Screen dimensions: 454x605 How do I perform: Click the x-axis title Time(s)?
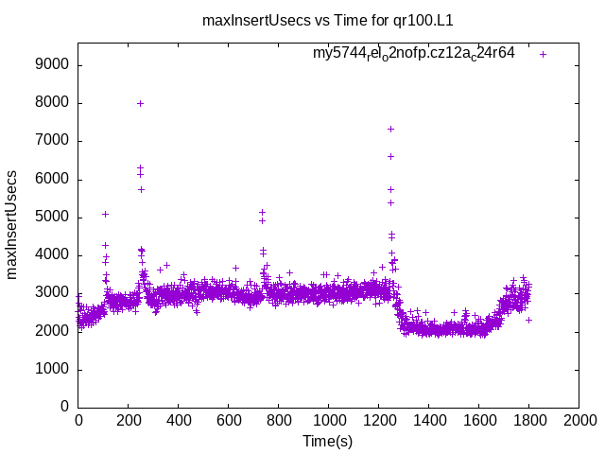[x=328, y=441]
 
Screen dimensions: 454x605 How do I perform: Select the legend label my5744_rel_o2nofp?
[x=414, y=54]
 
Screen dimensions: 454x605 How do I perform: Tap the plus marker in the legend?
[x=544, y=54]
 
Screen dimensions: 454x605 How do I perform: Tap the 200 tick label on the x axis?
[x=129, y=419]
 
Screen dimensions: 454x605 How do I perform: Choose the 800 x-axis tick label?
[x=279, y=419]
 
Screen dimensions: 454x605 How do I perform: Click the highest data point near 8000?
[x=140, y=103]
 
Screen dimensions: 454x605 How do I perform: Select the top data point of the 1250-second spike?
[x=390, y=129]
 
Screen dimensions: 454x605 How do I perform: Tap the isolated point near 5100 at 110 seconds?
[x=106, y=214]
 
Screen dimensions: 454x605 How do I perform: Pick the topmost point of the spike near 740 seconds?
[x=263, y=213]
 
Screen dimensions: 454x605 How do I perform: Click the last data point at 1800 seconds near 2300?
[x=529, y=320]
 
